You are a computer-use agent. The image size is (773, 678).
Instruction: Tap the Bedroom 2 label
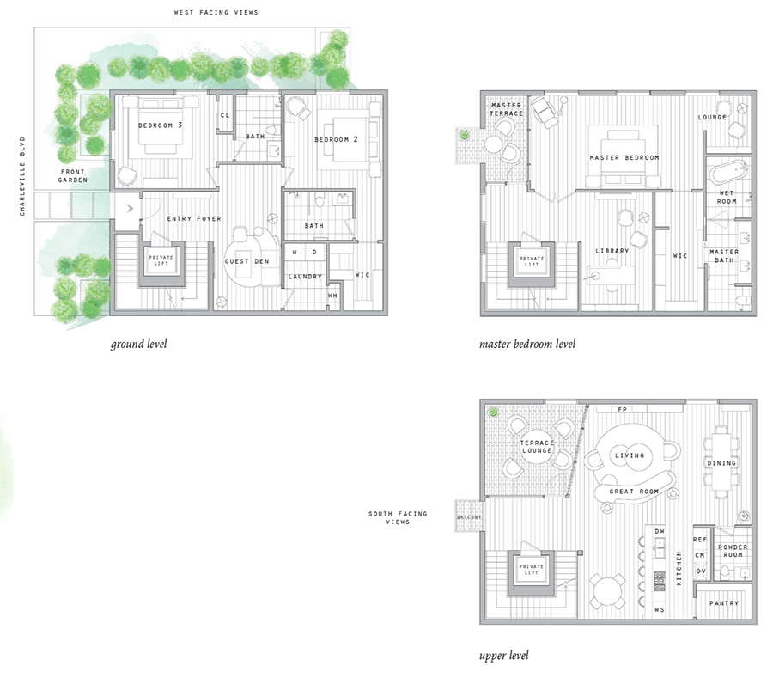point(336,139)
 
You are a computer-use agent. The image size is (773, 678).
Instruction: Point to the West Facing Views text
point(216,13)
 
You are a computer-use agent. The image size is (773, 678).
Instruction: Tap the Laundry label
point(305,276)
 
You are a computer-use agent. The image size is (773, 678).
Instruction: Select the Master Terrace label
point(506,109)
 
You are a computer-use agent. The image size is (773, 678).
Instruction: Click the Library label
point(612,251)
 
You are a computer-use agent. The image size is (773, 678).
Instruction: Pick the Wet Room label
point(727,197)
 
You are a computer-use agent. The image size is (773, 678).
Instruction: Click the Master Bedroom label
point(624,158)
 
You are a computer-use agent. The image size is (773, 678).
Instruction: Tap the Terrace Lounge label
point(536,447)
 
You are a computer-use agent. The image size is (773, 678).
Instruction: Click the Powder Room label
point(733,551)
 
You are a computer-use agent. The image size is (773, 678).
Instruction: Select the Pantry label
point(724,603)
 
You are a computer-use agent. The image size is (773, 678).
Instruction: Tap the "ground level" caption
point(138,345)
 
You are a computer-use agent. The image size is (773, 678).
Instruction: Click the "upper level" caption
point(503,657)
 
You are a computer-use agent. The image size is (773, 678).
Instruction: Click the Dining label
point(721,463)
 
